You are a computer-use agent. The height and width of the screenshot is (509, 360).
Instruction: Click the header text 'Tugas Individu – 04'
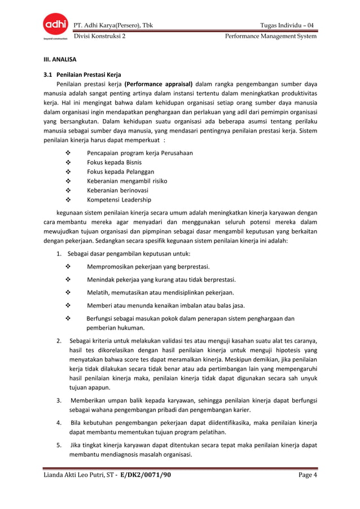287,25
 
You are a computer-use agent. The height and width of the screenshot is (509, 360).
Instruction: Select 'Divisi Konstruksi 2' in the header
100,36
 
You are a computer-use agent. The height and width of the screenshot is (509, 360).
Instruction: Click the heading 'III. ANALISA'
63,59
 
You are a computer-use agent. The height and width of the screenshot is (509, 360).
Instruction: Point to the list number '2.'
59,341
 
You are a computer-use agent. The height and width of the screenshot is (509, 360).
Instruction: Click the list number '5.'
59,445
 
